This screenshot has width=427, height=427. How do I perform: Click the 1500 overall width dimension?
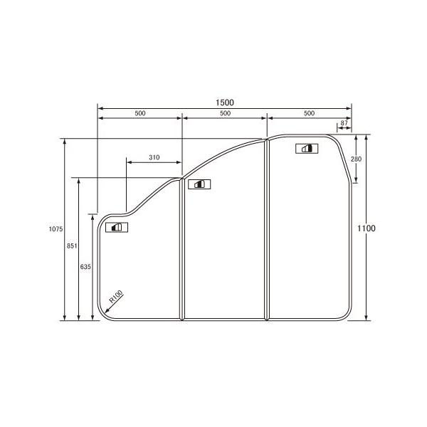[224, 102]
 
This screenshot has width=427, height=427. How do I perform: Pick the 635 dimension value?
[85, 266]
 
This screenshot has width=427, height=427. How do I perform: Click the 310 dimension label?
[154, 157]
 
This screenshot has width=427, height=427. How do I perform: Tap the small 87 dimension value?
[344, 124]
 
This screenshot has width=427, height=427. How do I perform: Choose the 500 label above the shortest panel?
[139, 114]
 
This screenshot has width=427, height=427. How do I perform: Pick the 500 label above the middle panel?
[224, 114]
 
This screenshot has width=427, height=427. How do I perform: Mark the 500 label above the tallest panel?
[309, 114]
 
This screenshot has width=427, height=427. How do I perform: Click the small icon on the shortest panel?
[115, 228]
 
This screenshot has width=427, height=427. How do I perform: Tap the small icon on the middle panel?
[196, 184]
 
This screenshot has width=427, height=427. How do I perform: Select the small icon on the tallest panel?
[305, 148]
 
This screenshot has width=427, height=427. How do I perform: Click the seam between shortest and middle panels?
[182, 249]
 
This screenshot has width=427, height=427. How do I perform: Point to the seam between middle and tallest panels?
[266, 228]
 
